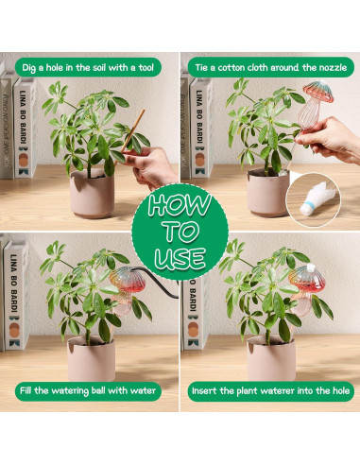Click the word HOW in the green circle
click(180, 207)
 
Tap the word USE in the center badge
click(180, 257)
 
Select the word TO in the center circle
click(180, 232)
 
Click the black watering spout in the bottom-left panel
click(151, 284)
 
